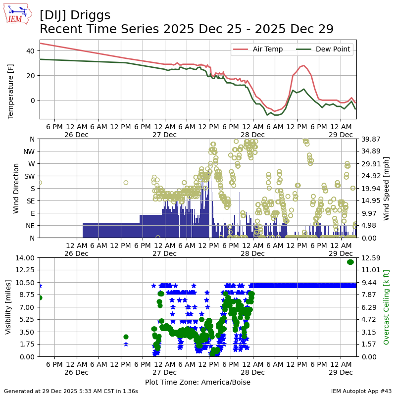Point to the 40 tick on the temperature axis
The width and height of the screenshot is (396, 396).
[x=30, y=51]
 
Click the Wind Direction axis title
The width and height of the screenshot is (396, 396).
[x=16, y=188]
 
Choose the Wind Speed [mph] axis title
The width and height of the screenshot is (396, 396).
[x=386, y=188]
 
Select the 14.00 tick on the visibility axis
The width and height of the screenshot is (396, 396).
[x=25, y=257]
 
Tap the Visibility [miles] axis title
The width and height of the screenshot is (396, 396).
[x=8, y=307]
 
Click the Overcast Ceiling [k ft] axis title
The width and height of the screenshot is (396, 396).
[x=387, y=307]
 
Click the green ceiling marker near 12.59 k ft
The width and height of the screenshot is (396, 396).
[x=350, y=262]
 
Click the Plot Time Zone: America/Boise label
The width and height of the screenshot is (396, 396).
[x=198, y=382]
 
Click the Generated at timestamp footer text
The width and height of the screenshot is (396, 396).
[x=71, y=391]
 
